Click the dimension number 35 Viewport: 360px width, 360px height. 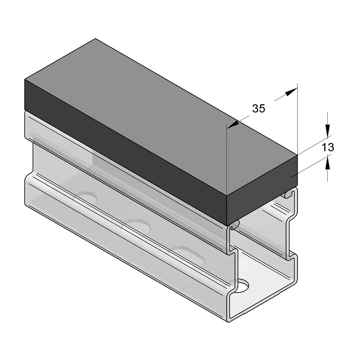coord(258,109)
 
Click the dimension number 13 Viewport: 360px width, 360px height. coord(328,147)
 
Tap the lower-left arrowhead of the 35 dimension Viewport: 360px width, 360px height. coord(233,124)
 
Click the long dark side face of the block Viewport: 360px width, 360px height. coord(126,152)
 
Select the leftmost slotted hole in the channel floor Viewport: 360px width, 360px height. coord(87,197)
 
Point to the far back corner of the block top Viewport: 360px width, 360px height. coord(95,39)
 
